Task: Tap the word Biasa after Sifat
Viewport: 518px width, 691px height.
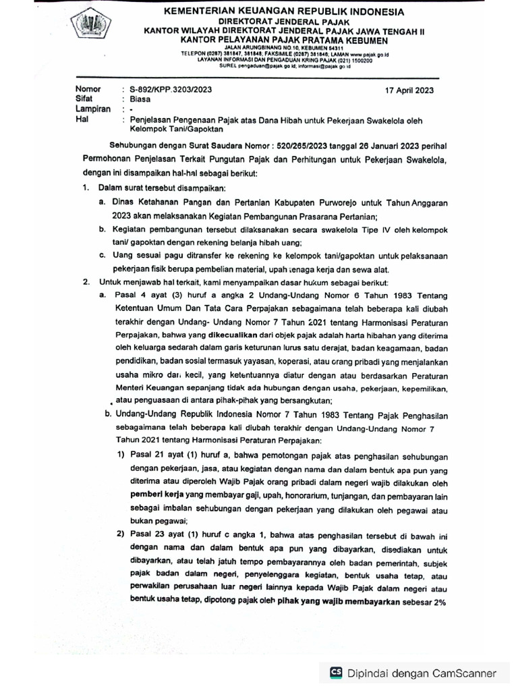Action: click(141, 99)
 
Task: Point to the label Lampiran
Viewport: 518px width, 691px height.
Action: click(92, 109)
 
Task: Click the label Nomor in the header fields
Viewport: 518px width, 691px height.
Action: click(88, 89)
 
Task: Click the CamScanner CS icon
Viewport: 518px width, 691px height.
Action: click(335, 672)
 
